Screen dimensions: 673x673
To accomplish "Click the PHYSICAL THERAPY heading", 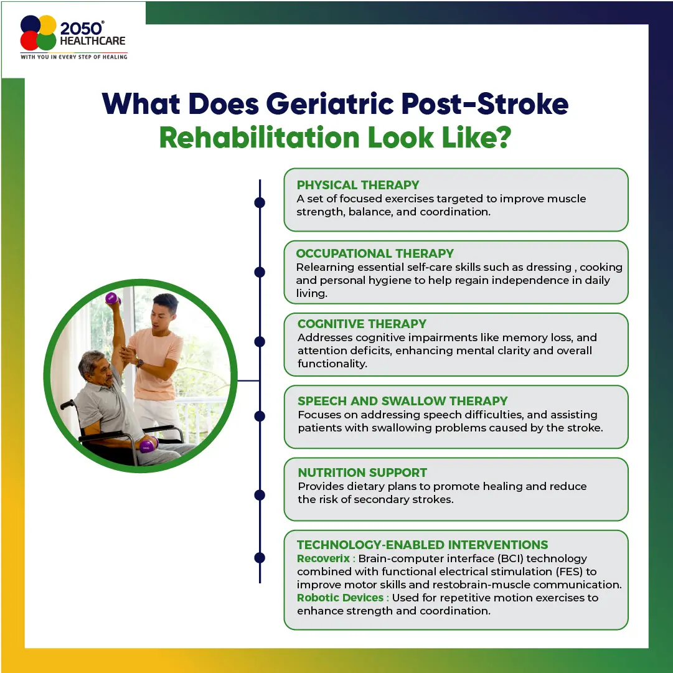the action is click(x=357, y=185).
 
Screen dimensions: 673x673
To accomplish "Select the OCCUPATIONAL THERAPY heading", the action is click(x=375, y=253).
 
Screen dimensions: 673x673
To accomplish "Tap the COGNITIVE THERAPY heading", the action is click(x=362, y=324).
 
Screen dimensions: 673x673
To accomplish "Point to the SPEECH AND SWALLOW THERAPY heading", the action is click(x=403, y=401).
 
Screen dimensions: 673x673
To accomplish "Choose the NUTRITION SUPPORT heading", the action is click(x=362, y=473).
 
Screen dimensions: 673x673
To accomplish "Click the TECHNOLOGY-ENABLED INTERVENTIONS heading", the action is click(x=422, y=545).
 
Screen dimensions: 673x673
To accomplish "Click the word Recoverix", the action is click(x=323, y=558).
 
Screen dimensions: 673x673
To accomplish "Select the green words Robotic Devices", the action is click(x=340, y=598).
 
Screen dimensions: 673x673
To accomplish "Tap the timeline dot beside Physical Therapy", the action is click(x=260, y=202).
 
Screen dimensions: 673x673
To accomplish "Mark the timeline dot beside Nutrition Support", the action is click(x=260, y=495).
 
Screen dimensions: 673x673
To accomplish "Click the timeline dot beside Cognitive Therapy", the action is click(x=260, y=342).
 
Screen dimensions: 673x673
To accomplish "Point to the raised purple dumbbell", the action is click(x=112, y=298).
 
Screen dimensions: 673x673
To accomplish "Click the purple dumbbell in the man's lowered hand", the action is click(x=147, y=446).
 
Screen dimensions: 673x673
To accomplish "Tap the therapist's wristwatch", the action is click(x=140, y=363).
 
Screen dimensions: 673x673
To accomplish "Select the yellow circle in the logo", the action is click(x=47, y=25).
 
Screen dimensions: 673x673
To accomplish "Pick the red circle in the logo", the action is click(x=30, y=40).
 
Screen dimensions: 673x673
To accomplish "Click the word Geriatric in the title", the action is click(x=330, y=104).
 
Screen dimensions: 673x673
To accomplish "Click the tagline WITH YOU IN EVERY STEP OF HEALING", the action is click(x=74, y=57).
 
